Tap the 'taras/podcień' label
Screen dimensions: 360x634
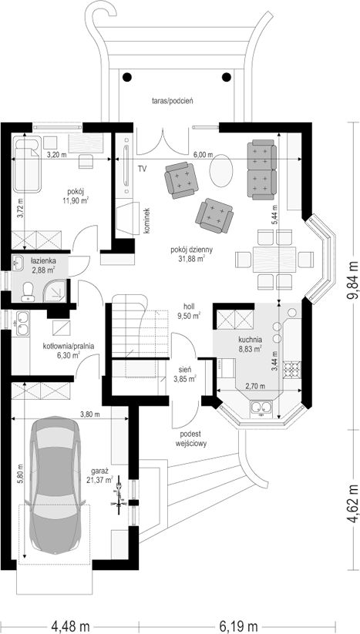(x=170, y=101)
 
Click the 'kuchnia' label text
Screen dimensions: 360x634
(x=251, y=340)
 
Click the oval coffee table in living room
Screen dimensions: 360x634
(x=222, y=172)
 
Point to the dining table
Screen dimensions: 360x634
(x=274, y=259)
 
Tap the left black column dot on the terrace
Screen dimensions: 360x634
(x=127, y=76)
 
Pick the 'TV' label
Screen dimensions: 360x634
(x=141, y=169)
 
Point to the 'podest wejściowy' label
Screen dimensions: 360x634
(x=191, y=438)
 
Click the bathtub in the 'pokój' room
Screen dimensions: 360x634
(x=27, y=164)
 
